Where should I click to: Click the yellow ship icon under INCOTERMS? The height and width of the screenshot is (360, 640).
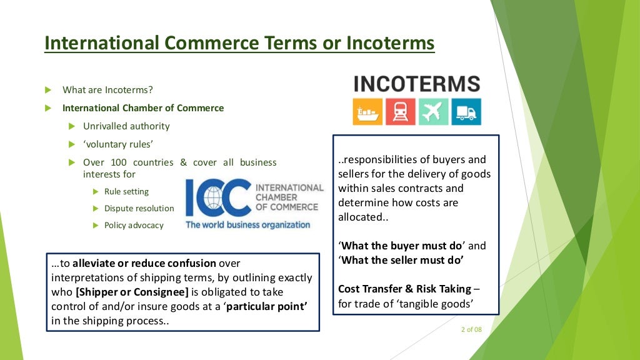click(367, 112)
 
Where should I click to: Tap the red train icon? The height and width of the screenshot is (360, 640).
click(400, 112)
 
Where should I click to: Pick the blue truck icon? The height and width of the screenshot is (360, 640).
click(466, 112)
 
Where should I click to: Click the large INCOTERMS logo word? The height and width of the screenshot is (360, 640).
click(417, 84)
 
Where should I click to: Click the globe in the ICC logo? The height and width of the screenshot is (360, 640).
click(206, 197)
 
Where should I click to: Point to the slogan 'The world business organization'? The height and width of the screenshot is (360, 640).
click(247, 224)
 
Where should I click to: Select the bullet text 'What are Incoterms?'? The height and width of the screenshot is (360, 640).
click(107, 90)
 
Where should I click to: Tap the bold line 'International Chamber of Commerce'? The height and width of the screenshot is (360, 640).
click(142, 108)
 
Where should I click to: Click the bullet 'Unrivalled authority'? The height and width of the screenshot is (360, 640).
click(126, 126)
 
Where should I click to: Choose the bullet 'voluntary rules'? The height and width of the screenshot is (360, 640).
click(118, 144)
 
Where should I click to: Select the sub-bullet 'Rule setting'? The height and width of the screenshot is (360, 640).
click(126, 192)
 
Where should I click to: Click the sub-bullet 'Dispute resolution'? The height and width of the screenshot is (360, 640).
click(139, 209)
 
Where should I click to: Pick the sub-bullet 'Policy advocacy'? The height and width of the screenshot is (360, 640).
click(134, 225)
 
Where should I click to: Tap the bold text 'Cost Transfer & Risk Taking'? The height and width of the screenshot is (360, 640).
click(404, 289)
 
